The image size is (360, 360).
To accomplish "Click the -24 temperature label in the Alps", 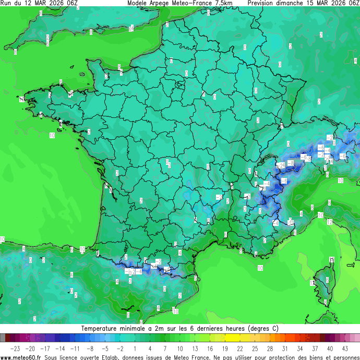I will (281, 165).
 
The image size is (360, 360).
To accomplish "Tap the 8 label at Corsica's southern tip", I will (325, 302).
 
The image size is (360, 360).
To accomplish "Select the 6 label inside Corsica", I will (327, 280).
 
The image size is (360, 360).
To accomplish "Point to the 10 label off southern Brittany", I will (52, 135).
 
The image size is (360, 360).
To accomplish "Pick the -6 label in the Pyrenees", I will (129, 272).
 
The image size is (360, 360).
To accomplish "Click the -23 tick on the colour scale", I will (15, 348).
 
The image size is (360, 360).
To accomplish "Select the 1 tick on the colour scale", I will (135, 348).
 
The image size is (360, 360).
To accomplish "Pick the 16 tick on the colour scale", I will (209, 348).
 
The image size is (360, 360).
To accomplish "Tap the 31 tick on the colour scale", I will (285, 348).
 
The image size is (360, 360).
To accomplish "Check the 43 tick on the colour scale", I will (345, 348).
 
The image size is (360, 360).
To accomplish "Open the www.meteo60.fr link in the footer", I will (21, 357).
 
